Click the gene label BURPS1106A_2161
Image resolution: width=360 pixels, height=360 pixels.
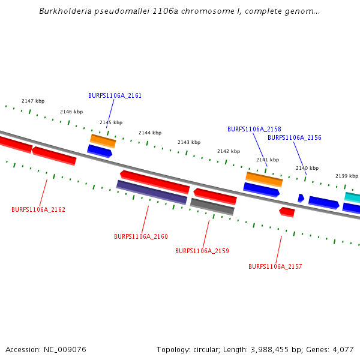115,95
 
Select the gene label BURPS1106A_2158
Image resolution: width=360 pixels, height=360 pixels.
254,129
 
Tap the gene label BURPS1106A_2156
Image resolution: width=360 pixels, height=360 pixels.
294,137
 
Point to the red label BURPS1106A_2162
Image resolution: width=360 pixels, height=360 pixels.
38,209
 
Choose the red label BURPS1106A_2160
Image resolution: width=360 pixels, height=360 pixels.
141,236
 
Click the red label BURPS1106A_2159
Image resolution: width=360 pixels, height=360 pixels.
202,251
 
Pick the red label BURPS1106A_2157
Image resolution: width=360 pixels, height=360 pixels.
275,266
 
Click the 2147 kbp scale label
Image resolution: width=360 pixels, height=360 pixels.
33,101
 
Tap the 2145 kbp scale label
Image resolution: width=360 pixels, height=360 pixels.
111,122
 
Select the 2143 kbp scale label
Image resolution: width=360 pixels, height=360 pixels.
189,142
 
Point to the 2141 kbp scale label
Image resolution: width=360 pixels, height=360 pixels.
268,160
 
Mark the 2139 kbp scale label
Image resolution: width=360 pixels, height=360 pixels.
346,176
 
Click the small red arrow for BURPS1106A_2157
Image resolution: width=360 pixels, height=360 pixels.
287,212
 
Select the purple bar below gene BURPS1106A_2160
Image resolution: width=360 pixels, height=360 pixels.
152,192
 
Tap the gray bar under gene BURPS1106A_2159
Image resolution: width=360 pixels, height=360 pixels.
212,206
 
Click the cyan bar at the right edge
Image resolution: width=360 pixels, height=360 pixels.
352,197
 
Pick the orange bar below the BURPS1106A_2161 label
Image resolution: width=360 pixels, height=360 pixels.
103,141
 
